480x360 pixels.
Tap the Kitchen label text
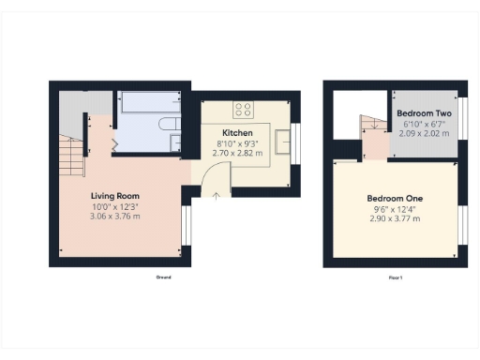[237, 132]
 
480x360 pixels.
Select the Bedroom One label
[395, 199]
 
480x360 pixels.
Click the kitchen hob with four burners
[244, 109]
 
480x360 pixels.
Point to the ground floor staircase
[71, 155]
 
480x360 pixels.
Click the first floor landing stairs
[372, 126]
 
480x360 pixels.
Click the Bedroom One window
[461, 226]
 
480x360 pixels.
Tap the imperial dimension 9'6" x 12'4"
[395, 209]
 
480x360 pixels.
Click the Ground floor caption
[164, 277]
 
